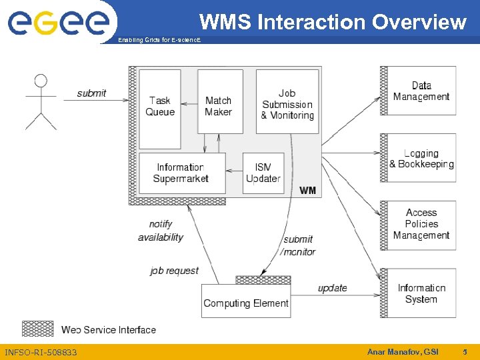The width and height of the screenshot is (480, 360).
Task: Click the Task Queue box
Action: pos(160,109)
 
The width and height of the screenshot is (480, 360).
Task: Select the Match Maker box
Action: pos(218,102)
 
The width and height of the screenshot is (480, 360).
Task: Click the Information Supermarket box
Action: pos(181,173)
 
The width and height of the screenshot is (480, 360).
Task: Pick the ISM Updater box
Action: pos(263,173)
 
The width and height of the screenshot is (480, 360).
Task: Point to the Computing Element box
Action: pos(246,301)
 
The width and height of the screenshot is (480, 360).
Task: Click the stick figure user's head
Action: pos(41,81)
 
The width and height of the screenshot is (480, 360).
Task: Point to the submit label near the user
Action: pos(91,93)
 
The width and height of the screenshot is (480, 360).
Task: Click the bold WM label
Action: pos(308,191)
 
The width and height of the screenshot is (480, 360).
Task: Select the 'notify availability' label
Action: pos(161,231)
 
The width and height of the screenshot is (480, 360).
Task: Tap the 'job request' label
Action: pos(174,271)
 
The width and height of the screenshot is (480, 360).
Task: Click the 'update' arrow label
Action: pos(332,288)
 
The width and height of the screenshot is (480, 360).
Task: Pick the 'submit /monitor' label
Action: pos(298,245)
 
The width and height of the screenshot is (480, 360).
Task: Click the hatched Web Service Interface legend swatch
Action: pos(38,329)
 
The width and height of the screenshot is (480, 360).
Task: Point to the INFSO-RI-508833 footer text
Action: pos(41,352)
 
